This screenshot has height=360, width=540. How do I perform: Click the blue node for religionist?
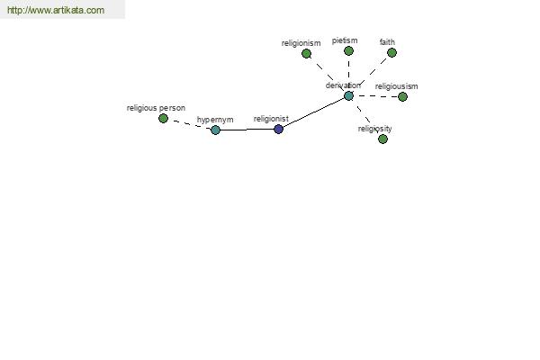[278, 130]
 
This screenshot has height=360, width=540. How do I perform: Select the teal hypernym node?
[215, 130]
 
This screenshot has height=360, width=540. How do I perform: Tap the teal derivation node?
[348, 95]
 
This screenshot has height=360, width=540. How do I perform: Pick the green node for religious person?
[163, 119]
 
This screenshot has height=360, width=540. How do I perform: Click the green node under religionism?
[306, 54]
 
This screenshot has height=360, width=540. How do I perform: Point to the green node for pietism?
[348, 51]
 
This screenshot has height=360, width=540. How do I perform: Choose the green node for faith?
[391, 53]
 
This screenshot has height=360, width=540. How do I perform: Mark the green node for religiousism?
[402, 97]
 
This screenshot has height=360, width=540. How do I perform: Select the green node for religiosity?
[382, 139]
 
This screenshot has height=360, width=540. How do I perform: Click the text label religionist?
[271, 119]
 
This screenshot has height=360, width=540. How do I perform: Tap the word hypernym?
[215, 120]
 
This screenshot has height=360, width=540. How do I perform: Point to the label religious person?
[156, 108]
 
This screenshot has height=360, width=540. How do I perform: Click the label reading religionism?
[301, 43]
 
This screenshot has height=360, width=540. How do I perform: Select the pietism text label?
[345, 40]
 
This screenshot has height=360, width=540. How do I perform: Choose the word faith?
[387, 42]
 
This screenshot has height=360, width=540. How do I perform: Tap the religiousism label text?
[396, 86]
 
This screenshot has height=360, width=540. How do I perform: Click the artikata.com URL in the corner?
[56, 10]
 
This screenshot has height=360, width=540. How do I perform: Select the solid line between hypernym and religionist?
[247, 130]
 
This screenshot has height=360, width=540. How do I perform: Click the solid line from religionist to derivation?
[313, 112]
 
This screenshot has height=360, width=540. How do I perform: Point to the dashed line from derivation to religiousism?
[375, 96]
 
